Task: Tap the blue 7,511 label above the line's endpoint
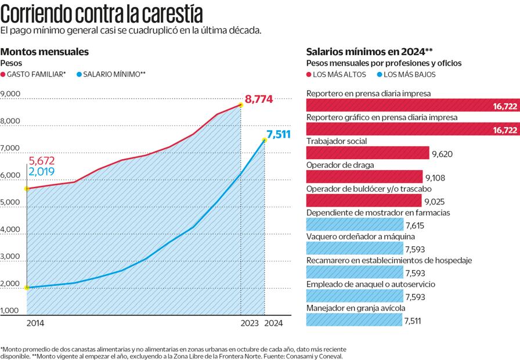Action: [x=277, y=135]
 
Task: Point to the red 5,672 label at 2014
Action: [x=42, y=160]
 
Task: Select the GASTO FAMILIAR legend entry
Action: [x=35, y=74]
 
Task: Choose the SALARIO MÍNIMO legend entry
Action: [x=110, y=74]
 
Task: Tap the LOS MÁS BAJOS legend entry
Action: [x=406, y=74]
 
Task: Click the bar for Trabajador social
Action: [x=367, y=153]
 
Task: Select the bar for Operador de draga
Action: [x=364, y=177]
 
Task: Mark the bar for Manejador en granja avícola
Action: [x=353, y=320]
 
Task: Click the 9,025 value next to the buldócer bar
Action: [x=435, y=201]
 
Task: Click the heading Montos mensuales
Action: [x=45, y=52]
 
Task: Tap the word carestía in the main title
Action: [x=171, y=13]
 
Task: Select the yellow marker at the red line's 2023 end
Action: [x=241, y=105]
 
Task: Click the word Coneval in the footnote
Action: [x=329, y=355]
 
